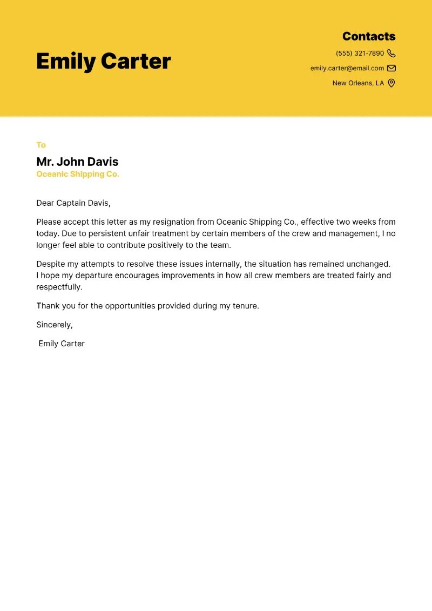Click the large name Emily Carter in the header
[x=103, y=61]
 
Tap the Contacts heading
[x=369, y=37]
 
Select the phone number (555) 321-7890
[x=360, y=53]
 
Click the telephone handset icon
[x=391, y=53]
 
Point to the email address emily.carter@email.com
[x=347, y=68]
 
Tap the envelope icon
[x=391, y=68]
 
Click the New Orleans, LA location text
[x=358, y=83]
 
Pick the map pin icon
[x=391, y=83]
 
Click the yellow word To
[x=41, y=145]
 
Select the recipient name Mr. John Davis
[x=77, y=162]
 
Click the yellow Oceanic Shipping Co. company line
[x=78, y=174]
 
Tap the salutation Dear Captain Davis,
[x=73, y=203]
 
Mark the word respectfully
[x=59, y=287]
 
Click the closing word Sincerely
[x=54, y=325]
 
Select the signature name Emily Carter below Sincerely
[x=62, y=344]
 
